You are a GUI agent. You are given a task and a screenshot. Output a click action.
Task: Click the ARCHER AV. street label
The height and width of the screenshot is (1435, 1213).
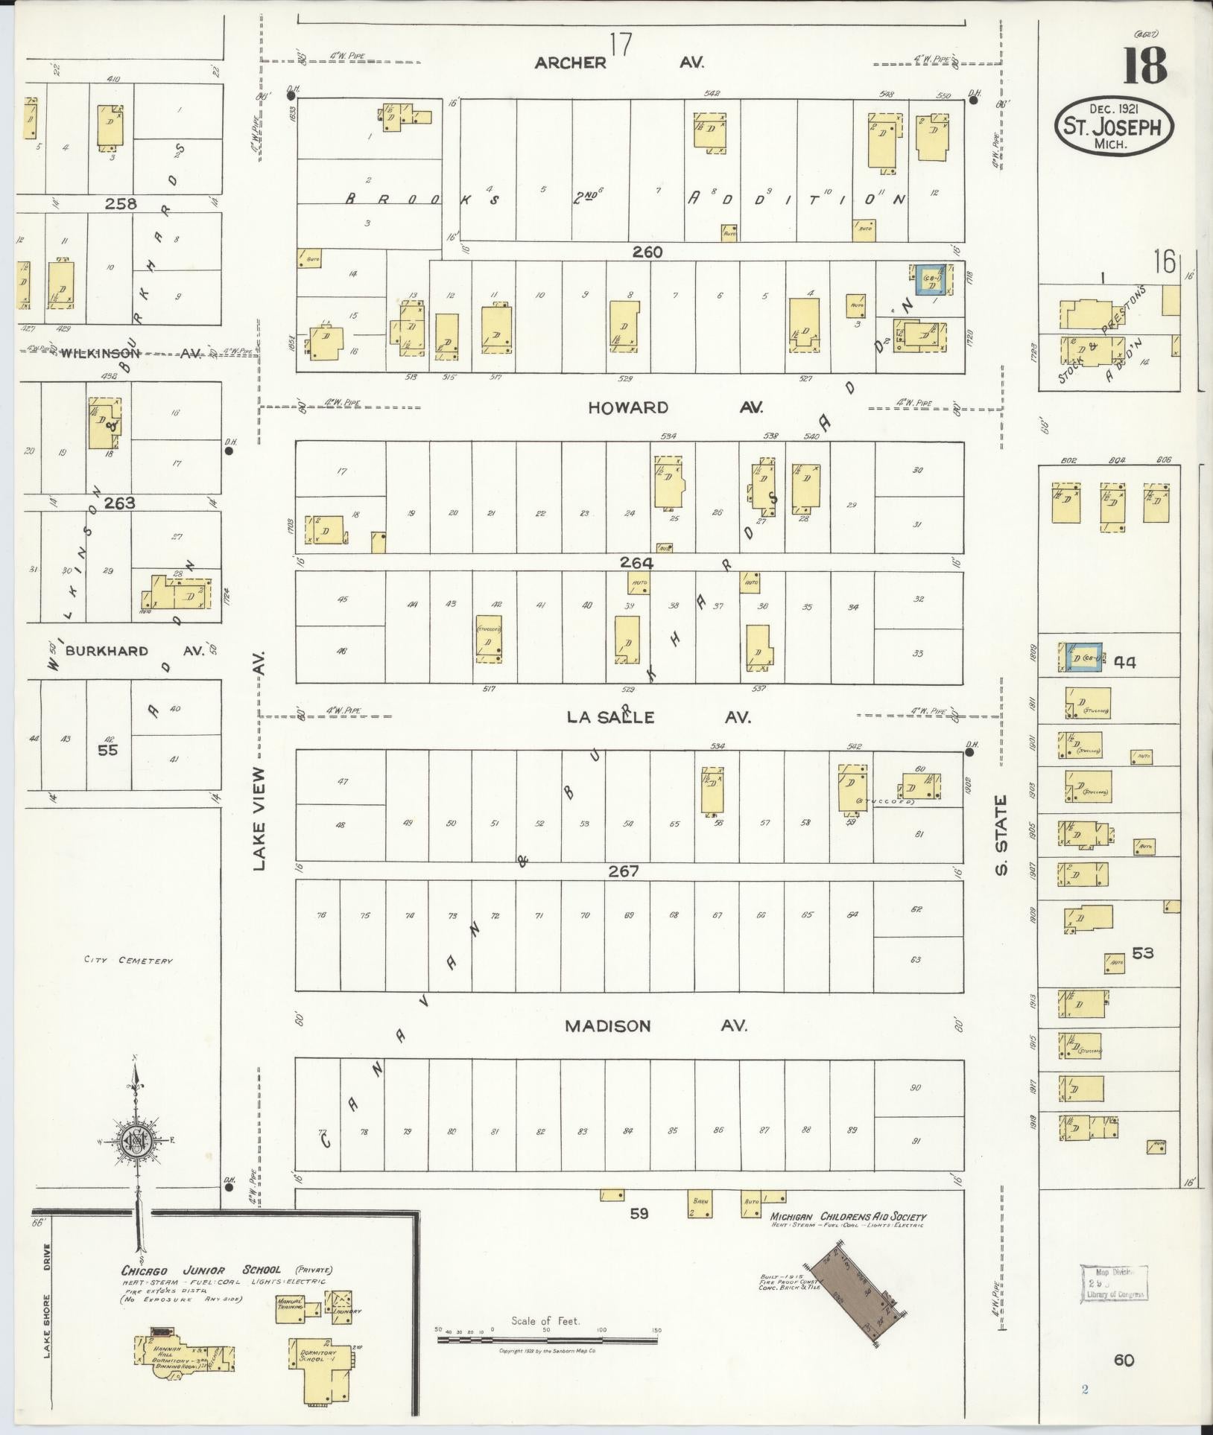click(x=618, y=63)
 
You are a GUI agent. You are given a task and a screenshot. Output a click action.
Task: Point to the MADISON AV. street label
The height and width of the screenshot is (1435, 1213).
click(x=656, y=1025)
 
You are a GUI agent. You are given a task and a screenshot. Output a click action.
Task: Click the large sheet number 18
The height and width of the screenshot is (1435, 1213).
click(x=1144, y=66)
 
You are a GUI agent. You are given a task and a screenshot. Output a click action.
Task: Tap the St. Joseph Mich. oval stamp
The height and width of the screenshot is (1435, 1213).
click(x=1113, y=126)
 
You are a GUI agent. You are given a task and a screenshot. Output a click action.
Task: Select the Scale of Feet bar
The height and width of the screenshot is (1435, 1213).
click(x=548, y=1339)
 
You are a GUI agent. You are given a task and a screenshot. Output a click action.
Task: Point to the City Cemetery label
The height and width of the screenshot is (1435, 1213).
click(x=128, y=960)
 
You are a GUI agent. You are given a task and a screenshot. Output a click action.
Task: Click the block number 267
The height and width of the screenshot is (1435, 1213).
click(x=623, y=871)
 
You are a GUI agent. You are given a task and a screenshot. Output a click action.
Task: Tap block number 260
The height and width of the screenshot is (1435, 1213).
click(x=647, y=252)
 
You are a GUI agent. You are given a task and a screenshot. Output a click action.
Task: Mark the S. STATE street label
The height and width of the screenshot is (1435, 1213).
click(x=1001, y=836)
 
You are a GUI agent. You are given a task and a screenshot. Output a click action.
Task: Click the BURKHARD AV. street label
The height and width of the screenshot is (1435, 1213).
click(x=134, y=651)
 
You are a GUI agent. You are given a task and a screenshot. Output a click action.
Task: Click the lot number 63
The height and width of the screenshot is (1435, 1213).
click(x=916, y=959)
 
